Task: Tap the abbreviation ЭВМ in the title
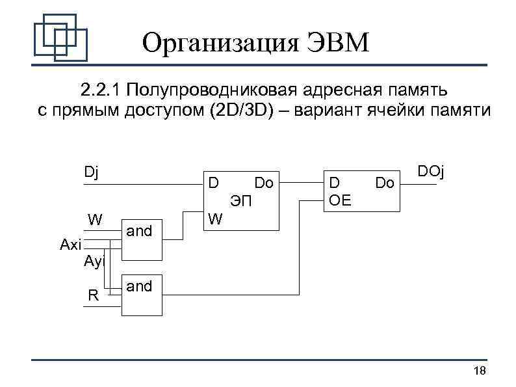coord(336,44)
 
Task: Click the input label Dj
coord(92,172)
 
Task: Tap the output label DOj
coord(430,172)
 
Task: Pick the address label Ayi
coord(95,261)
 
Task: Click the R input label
coord(93,296)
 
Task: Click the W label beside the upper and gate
coord(96,218)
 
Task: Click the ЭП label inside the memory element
coord(240,200)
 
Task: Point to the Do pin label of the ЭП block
coord(264,183)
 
